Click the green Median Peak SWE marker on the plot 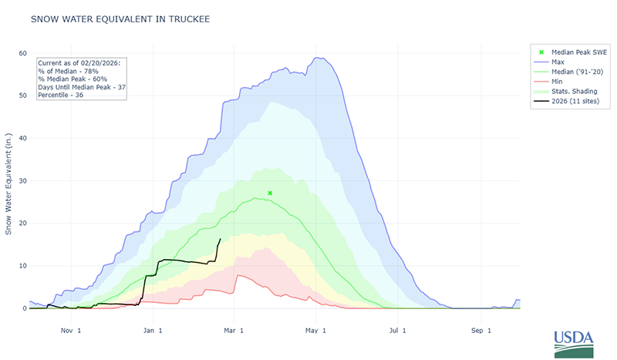270,193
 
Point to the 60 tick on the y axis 22,53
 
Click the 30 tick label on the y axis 22,181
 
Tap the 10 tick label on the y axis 22,266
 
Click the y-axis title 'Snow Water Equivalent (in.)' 8,181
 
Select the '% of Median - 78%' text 74,70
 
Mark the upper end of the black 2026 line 221,239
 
